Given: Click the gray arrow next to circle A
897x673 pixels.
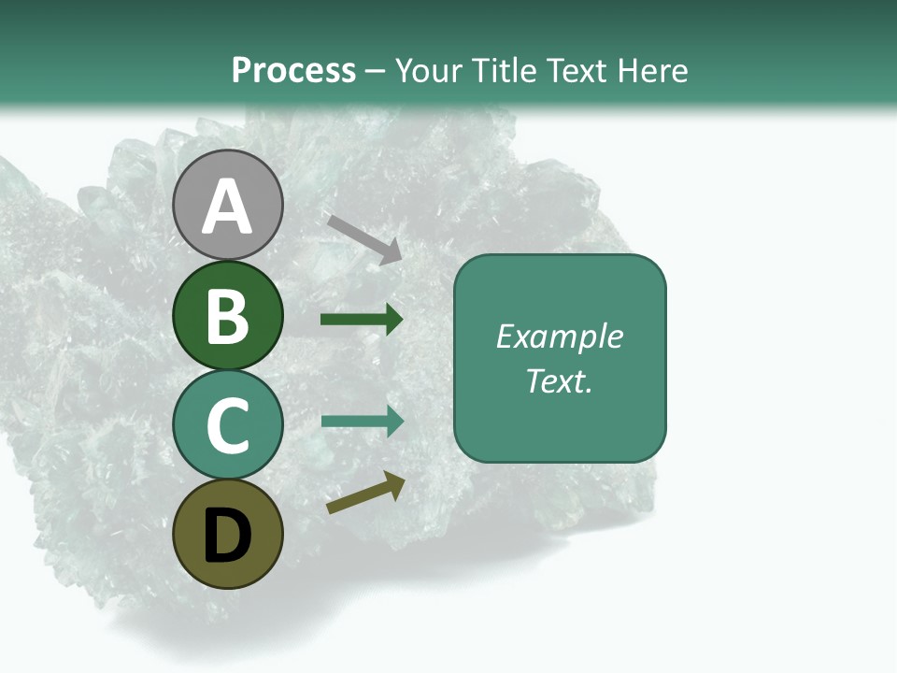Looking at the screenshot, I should click(x=363, y=238).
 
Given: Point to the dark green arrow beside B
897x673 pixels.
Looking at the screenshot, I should click(x=362, y=320).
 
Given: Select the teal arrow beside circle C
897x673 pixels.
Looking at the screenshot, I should click(x=362, y=421).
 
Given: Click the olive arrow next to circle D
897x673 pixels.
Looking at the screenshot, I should click(x=365, y=493).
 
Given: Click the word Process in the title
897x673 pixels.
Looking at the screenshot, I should click(x=293, y=70).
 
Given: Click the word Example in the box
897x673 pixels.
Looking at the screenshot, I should click(x=559, y=336).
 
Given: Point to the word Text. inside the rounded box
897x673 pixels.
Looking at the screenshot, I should click(x=559, y=380).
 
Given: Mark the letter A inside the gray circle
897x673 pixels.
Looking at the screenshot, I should click(x=227, y=207).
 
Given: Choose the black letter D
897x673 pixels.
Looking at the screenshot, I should click(x=227, y=536).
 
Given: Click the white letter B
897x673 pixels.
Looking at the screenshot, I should click(x=227, y=316).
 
